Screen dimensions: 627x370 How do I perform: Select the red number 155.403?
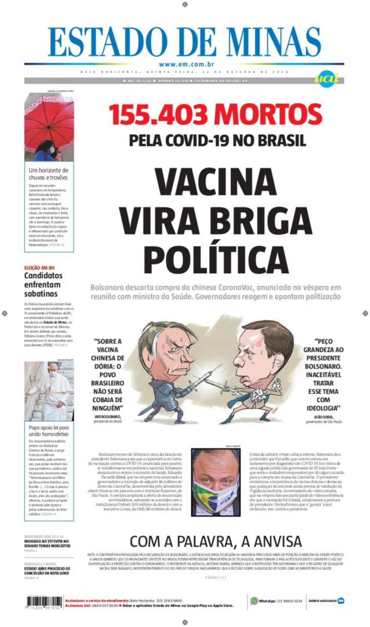[158, 114]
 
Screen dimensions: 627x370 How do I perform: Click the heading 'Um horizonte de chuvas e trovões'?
[48, 174]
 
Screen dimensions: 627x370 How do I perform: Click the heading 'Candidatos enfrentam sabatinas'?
[43, 285]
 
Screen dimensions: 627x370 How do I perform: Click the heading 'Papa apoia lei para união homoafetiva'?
[48, 431]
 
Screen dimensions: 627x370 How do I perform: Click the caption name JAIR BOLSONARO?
[108, 416]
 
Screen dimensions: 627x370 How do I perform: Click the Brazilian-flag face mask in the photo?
[216, 495]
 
